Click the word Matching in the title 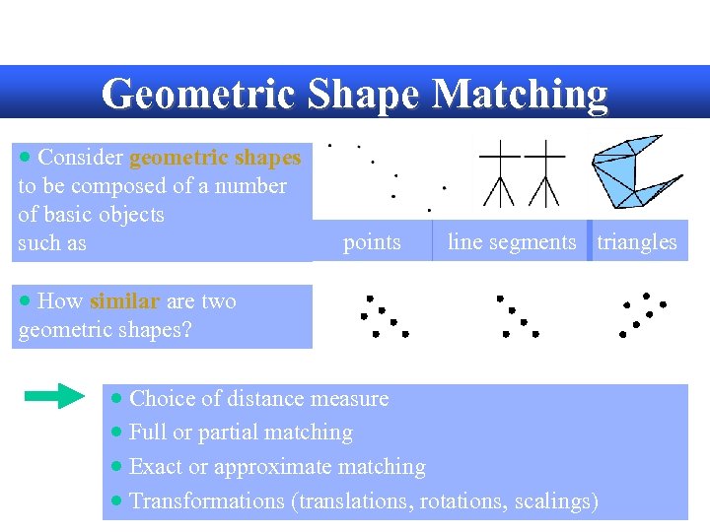tap(520, 95)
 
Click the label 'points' tap(372, 242)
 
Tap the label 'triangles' tap(637, 242)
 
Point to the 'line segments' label tap(511, 242)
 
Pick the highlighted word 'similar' tap(124, 301)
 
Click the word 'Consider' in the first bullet tap(80, 158)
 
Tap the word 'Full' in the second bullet tap(147, 432)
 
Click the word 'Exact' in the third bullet tap(156, 467)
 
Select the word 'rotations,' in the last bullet tap(459, 501)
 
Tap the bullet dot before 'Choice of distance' tap(117, 399)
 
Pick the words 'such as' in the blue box tap(52, 243)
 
